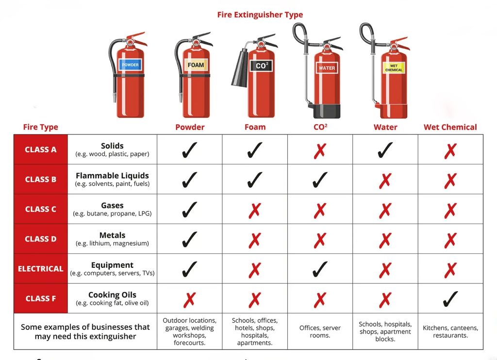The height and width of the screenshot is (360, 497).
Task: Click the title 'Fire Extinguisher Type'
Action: pos(260,15)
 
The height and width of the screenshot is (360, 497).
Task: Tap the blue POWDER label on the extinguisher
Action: pos(130,65)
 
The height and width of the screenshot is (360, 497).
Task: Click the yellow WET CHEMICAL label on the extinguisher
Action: pos(394,67)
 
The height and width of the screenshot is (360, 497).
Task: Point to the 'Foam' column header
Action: pos(255,127)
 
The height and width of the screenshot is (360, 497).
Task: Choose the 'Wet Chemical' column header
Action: pos(450,127)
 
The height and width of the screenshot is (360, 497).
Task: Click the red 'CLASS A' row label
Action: pos(41,149)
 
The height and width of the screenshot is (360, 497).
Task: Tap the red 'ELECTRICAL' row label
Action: pos(41,269)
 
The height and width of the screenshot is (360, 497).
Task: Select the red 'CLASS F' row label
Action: pos(41,298)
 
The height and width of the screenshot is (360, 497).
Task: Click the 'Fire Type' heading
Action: pos(41,127)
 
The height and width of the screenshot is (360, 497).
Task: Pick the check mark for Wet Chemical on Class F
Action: pos(450,299)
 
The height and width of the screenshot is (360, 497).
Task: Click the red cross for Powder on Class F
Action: pos(189,299)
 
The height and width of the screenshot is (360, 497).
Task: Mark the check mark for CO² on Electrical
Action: pos(320,269)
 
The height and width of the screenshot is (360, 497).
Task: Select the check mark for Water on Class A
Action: pos(385,150)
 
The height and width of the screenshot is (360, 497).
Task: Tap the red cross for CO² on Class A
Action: pos(320,150)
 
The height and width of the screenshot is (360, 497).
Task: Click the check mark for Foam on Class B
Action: pos(255,180)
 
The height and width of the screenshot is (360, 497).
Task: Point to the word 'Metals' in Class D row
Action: pos(112,235)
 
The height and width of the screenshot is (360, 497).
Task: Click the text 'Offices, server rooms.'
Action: pos(320,331)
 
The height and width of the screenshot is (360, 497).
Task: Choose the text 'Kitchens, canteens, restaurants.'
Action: pos(450,331)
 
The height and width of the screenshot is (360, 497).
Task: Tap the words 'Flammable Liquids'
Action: pos(112,176)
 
